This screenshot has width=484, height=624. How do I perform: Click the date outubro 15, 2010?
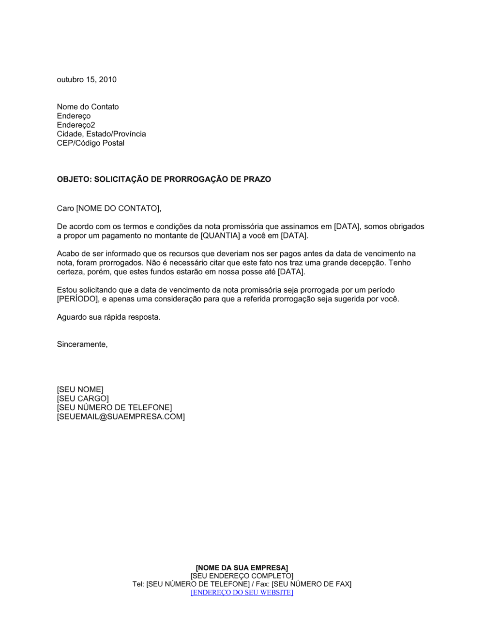pos(87,80)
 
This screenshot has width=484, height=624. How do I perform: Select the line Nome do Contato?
pos(88,107)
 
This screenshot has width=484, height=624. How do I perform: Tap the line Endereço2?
pos(76,125)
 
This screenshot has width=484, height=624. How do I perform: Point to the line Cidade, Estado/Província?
pos(101,134)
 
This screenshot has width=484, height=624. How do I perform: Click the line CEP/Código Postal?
pos(91,143)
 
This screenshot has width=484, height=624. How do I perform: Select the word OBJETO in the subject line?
pos(74,179)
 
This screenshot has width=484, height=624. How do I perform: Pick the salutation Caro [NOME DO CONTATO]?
pos(108,208)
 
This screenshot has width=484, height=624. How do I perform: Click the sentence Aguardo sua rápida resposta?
pos(108,317)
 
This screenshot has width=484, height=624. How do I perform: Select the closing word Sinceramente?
pos(82,344)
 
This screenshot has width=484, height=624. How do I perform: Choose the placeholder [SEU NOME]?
pos(80,389)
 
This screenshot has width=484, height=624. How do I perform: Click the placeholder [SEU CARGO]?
pos(83,399)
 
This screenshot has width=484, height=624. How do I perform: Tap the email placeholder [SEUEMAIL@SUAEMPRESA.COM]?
pos(121,416)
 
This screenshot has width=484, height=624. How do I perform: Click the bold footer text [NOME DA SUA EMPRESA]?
pos(242,567)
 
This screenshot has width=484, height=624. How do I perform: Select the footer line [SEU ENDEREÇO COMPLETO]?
pos(242,576)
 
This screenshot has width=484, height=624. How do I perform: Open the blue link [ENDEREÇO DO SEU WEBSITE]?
pos(242,592)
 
